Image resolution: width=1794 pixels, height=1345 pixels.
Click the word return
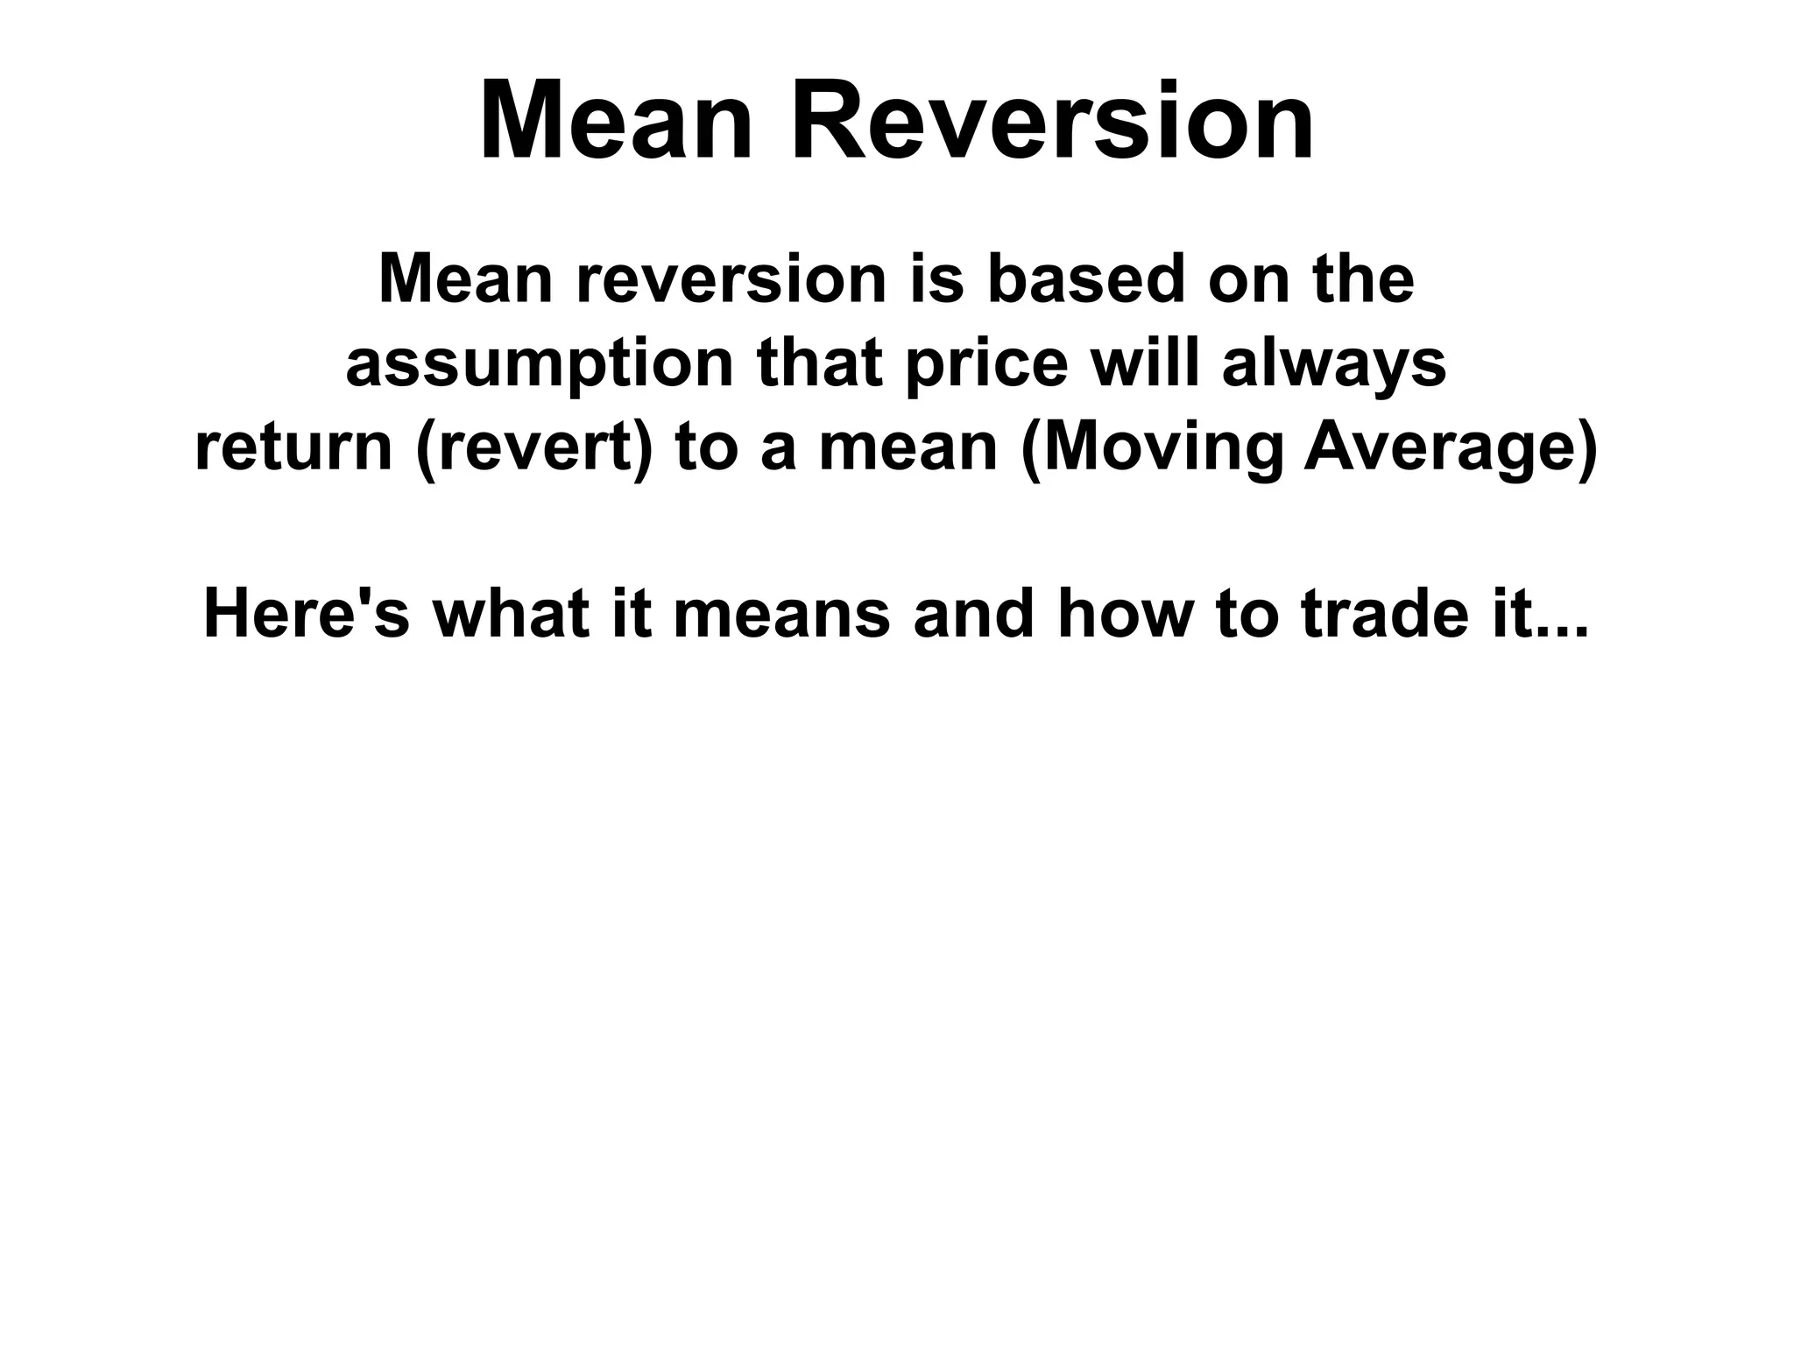point(293,447)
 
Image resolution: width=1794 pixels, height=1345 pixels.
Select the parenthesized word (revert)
point(534,447)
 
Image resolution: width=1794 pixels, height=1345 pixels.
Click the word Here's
point(306,615)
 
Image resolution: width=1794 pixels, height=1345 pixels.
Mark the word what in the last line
point(511,615)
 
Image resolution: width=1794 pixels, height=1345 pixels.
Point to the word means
point(781,615)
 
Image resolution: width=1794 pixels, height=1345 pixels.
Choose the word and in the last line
point(974,615)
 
